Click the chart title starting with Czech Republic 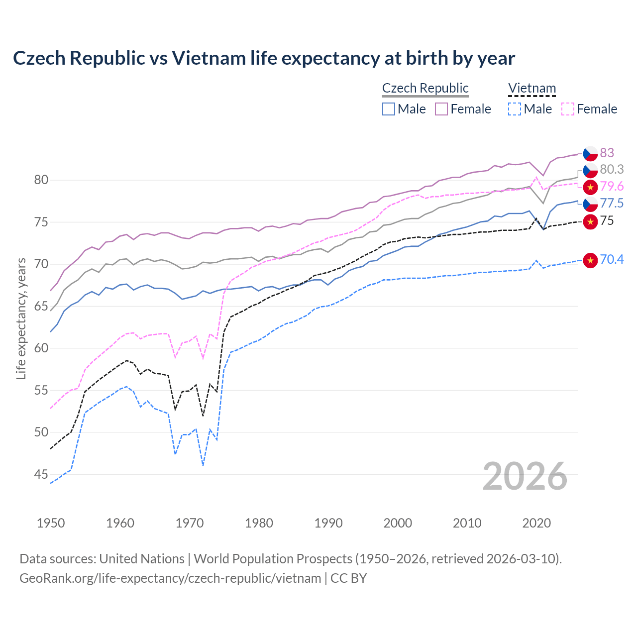pyautogui.click(x=264, y=58)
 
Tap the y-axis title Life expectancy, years pyautogui.click(x=21, y=318)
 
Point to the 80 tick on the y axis pyautogui.click(x=41, y=180)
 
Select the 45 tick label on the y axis pyautogui.click(x=41, y=474)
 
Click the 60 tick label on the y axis pyautogui.click(x=41, y=348)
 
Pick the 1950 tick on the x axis pyautogui.click(x=51, y=523)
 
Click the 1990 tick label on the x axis pyautogui.click(x=328, y=523)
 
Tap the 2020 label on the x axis pyautogui.click(x=536, y=523)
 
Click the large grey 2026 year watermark pyautogui.click(x=525, y=476)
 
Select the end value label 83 pyautogui.click(x=607, y=153)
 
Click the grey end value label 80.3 pyautogui.click(x=612, y=170)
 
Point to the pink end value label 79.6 pyautogui.click(x=612, y=187)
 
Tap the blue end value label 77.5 pyautogui.click(x=612, y=204)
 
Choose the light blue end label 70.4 pyautogui.click(x=612, y=259)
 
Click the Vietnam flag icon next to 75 pyautogui.click(x=590, y=221)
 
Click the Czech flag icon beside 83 pyautogui.click(x=590, y=153)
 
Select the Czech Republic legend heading pyautogui.click(x=425, y=88)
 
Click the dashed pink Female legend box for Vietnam pyautogui.click(x=568, y=109)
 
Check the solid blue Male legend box pyautogui.click(x=389, y=109)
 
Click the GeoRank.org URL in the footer pyautogui.click(x=170, y=578)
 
